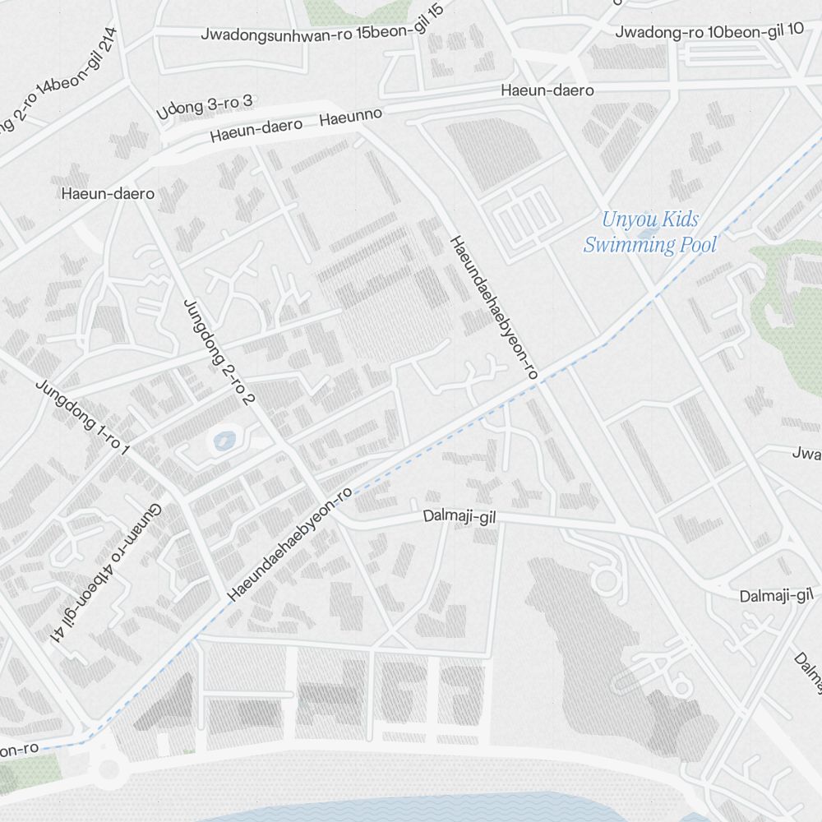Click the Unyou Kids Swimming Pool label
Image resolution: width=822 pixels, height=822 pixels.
pos(649,232)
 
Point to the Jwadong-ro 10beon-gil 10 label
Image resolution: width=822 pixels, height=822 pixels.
pos(709,31)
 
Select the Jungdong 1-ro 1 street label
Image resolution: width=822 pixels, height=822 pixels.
pos(82,417)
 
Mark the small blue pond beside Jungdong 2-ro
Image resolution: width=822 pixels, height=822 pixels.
pos(224,441)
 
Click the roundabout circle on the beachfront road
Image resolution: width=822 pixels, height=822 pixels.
pos(108,769)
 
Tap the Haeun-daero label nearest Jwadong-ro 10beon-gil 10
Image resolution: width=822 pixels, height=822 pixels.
pos(547,90)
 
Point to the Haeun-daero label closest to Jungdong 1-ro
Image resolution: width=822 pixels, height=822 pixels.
pos(108,194)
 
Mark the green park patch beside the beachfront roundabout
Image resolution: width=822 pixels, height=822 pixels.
pos(33,769)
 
